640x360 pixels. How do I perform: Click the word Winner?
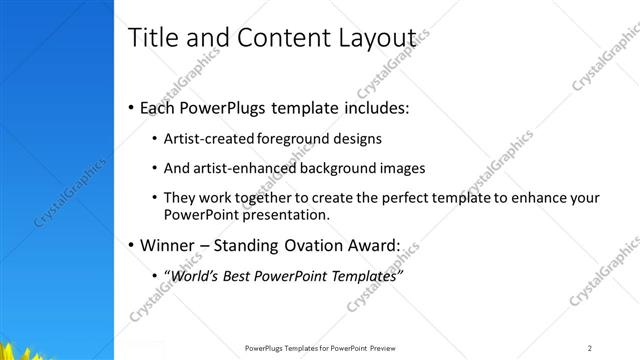(171, 245)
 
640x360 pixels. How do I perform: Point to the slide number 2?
(590, 347)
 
